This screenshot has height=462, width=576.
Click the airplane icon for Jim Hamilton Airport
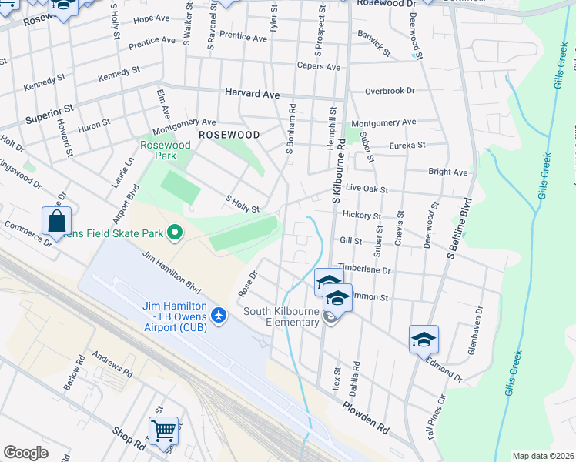click(219, 315)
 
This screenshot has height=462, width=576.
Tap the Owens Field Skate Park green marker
click(175, 232)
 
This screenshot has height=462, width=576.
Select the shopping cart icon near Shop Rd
click(163, 430)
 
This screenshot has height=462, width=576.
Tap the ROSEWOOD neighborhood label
click(229, 134)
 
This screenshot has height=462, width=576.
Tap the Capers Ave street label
click(319, 67)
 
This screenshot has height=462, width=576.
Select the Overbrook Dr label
click(390, 91)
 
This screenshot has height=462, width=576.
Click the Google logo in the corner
click(26, 452)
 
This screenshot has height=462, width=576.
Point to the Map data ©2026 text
click(543, 456)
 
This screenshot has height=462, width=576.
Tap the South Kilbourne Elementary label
click(281, 316)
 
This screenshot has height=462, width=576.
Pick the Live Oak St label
click(366, 189)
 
